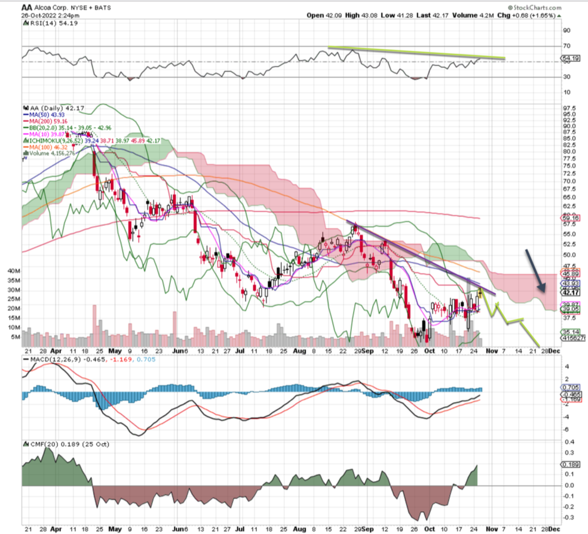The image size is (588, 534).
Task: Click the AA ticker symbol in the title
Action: point(26,7)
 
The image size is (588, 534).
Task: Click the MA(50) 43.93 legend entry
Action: point(48,115)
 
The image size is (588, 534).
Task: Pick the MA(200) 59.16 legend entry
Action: point(48,121)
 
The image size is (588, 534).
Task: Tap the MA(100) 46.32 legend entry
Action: point(48,147)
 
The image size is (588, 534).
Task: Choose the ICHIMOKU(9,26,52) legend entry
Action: point(54,141)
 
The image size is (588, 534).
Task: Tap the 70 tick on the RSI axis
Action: point(566,46)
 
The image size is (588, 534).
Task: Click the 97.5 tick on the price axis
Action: point(569,108)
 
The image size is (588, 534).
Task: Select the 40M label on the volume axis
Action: point(13,271)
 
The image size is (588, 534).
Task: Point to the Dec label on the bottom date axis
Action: point(554,529)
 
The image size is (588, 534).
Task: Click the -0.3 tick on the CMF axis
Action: point(568,517)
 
